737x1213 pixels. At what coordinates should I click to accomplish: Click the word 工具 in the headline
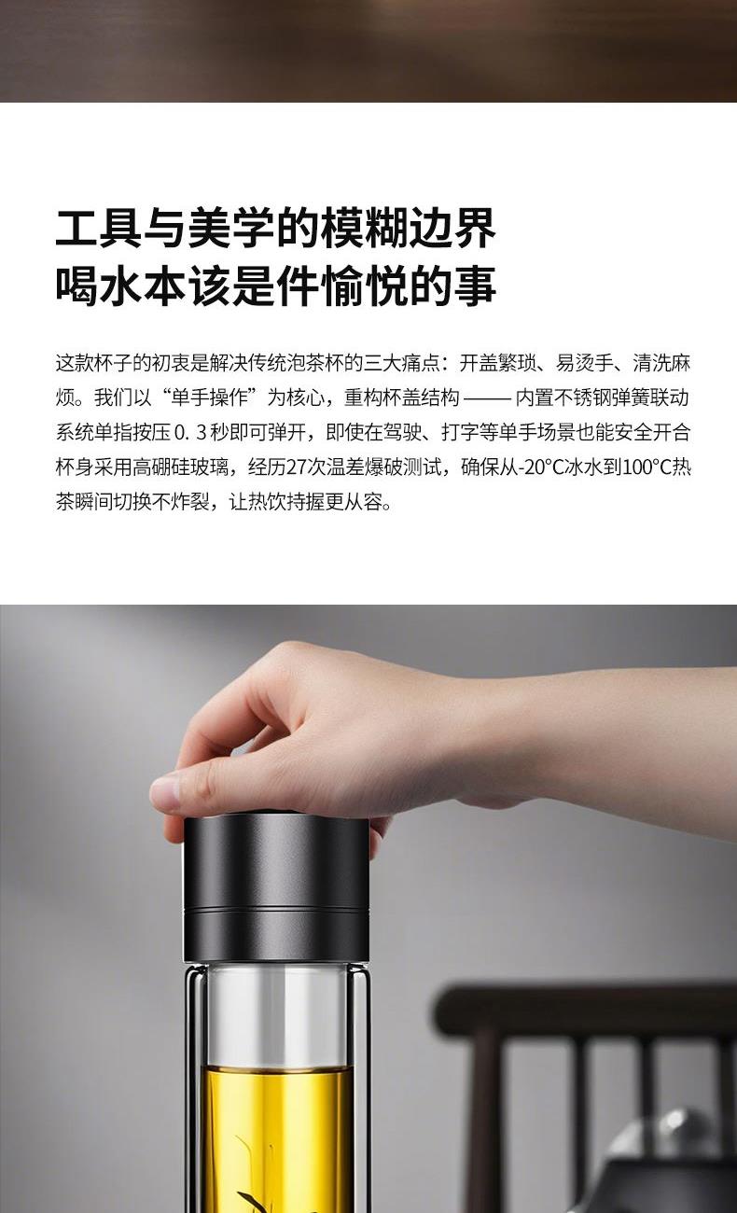coord(99,228)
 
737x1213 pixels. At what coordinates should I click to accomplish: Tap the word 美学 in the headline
coord(231,228)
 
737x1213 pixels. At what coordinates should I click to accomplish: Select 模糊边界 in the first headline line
coord(408,228)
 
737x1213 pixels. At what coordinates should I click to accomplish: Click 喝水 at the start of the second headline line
coord(99,287)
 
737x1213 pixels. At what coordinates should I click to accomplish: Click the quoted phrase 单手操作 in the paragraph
coord(210,398)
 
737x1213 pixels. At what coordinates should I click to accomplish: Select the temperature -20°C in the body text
coord(541,467)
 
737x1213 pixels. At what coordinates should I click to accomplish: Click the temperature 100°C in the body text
coord(647,467)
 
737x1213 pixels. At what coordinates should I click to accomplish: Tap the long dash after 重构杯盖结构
coord(487,399)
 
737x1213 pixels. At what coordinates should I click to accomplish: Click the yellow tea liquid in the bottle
coord(277,1137)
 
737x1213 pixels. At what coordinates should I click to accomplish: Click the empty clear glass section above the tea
coord(277,1013)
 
